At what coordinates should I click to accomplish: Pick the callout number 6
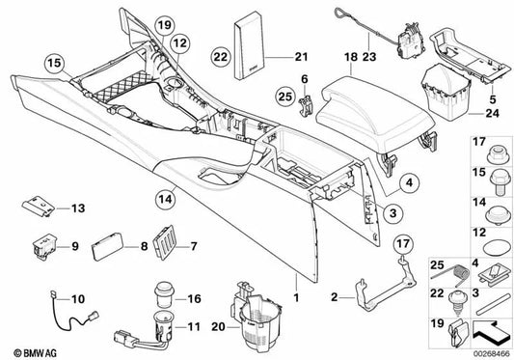[x=305, y=78]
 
